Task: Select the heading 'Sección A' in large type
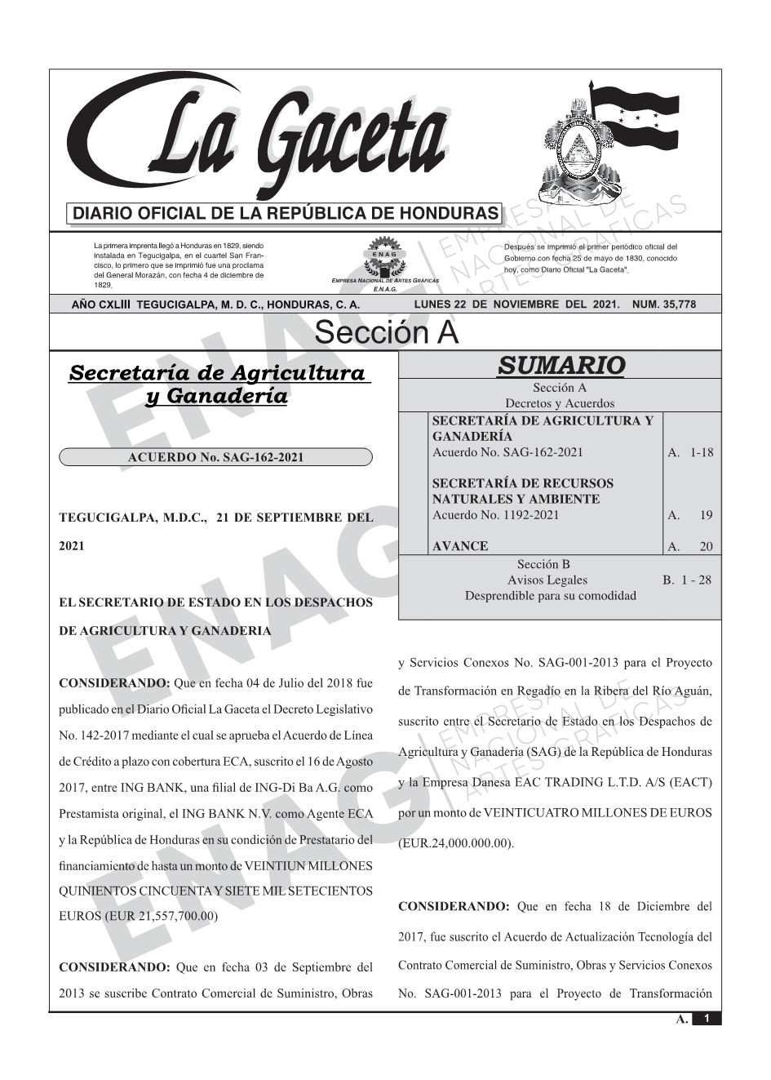tap(386, 333)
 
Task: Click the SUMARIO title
tap(561, 365)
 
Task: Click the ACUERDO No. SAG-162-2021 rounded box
tap(215, 457)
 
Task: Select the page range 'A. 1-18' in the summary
tap(689, 452)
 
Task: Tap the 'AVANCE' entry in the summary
tap(460, 546)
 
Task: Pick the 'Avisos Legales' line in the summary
tap(547, 580)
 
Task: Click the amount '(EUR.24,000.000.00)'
tap(456, 843)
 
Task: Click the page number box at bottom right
tap(707, 1020)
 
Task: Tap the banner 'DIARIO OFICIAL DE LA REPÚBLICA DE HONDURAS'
tap(286, 214)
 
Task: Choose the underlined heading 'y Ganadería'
tap(215, 397)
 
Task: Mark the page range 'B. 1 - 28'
tap(687, 580)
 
